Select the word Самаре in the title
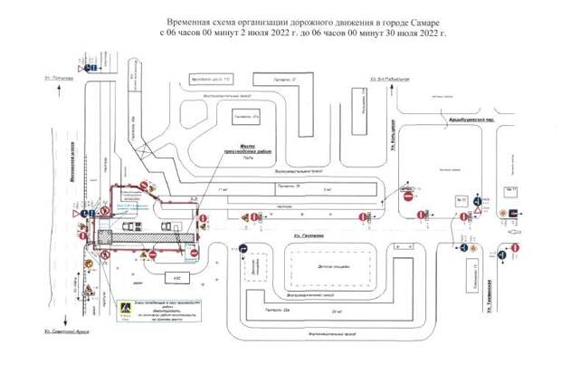(426, 19)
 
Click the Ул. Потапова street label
(61, 80)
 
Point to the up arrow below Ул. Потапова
(62, 97)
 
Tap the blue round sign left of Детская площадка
(242, 248)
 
